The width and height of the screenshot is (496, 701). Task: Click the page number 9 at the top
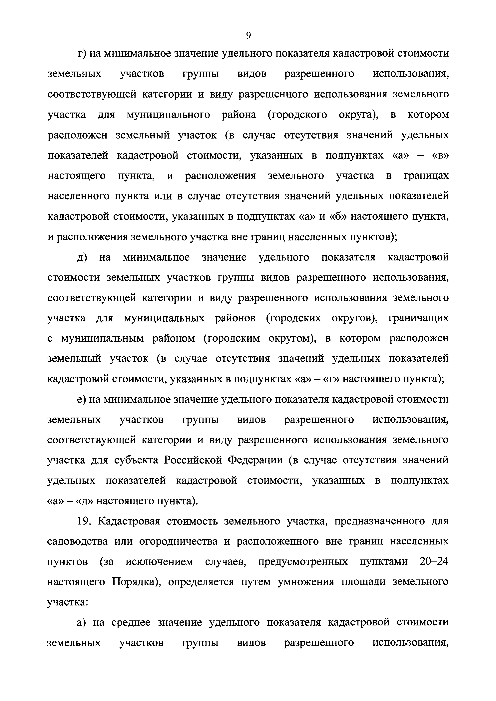(x=248, y=36)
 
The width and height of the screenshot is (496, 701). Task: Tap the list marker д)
(x=82, y=257)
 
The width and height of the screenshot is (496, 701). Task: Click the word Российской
(x=193, y=460)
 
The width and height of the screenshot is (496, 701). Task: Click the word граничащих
(x=418, y=318)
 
